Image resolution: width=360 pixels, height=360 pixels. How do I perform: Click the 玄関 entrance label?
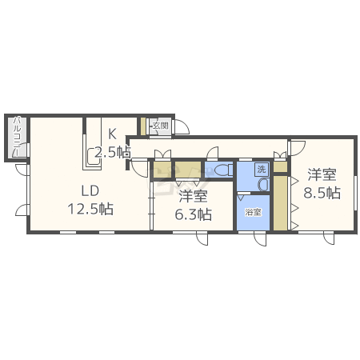coord(160,125)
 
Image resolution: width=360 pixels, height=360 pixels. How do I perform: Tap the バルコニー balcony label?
coord(16,138)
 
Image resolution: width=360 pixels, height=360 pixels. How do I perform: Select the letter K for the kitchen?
coord(112,134)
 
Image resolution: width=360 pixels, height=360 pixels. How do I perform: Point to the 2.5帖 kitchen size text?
coord(112,151)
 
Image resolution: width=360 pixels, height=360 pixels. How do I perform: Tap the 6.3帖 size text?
coord(194,214)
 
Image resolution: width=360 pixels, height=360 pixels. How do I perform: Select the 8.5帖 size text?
coord(322,193)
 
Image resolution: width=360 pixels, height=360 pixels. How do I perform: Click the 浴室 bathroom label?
coord(254,213)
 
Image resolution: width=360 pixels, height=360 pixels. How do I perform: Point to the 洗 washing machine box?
coord(262,169)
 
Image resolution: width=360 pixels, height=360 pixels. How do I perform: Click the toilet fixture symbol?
coord(223,170)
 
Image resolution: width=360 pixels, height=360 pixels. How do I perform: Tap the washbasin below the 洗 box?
coord(262,184)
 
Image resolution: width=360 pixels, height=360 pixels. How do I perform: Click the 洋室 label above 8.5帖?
coord(322,174)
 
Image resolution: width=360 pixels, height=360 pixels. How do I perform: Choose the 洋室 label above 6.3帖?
coord(194,196)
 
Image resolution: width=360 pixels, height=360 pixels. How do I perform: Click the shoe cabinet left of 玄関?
coord(143,126)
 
